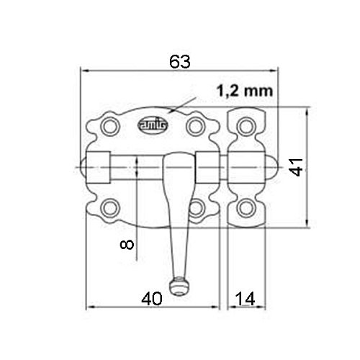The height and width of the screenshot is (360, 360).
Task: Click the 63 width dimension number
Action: pyautogui.click(x=180, y=62)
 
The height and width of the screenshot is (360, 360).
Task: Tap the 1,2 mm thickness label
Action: pyautogui.click(x=245, y=91)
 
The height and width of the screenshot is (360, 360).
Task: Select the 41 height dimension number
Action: pyautogui.click(x=296, y=167)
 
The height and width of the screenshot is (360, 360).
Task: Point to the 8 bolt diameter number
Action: pyautogui.click(x=127, y=245)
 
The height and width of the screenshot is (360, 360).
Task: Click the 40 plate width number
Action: pyautogui.click(x=152, y=299)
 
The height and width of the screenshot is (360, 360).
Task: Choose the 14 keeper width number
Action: pyautogui.click(x=245, y=299)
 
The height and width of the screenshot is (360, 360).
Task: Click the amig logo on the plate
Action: pyautogui.click(x=153, y=125)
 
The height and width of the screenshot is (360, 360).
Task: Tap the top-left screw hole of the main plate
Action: pyautogui.click(x=110, y=127)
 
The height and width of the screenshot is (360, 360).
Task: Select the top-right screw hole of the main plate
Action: pyautogui.click(x=196, y=127)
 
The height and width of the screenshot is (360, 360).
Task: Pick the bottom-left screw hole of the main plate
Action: pyautogui.click(x=110, y=208)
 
